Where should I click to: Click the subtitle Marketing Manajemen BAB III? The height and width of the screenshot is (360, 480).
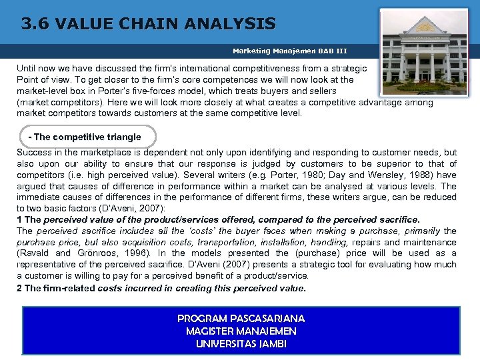coord(290,51)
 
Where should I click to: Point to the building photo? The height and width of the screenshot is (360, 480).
coord(423,51)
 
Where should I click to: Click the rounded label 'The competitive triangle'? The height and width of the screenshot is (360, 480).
coord(85,137)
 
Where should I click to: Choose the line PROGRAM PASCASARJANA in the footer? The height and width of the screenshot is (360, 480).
coord(241,319)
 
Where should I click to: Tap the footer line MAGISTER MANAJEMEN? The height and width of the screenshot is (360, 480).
coord(241,331)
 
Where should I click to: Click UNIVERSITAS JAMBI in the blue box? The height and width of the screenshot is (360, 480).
coord(241,343)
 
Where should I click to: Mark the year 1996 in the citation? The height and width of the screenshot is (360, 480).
coord(138,253)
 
